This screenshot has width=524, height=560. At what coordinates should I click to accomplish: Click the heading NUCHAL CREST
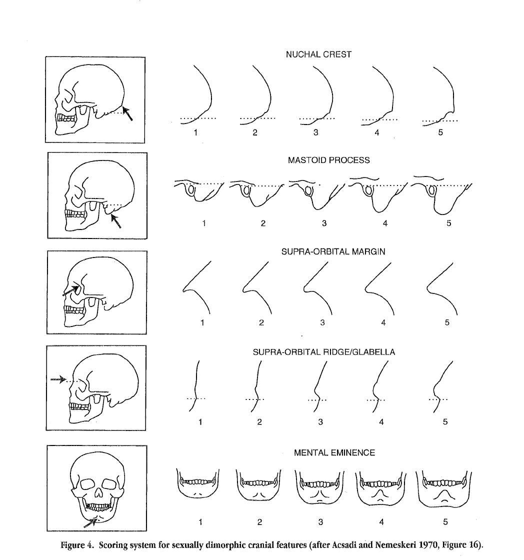pos(318,54)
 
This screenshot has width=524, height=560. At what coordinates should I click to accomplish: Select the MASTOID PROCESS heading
pos(328,160)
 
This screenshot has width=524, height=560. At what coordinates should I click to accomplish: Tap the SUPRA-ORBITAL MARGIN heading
pos(328,252)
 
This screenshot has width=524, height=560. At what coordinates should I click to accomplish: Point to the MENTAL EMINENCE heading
pos(334,453)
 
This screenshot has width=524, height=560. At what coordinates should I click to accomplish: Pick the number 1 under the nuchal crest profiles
pos(196,133)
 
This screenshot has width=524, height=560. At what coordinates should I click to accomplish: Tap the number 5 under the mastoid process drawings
pos(448,223)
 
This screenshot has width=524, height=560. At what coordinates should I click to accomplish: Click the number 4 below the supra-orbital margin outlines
pos(383,322)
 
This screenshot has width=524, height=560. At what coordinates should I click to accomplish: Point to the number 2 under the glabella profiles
pos(259,422)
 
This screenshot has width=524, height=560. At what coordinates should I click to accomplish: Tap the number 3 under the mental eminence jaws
pos(320,522)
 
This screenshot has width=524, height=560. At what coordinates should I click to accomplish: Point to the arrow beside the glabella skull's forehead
pos(58,379)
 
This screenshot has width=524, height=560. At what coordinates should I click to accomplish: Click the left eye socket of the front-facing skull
pos(88,483)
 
